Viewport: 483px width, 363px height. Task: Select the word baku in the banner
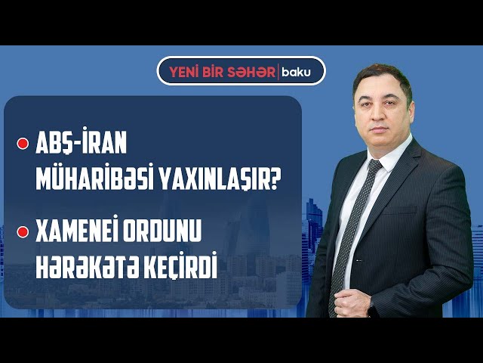coord(297,73)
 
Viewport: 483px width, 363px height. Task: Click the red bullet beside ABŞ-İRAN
coord(23,144)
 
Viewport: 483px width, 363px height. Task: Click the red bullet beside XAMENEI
coord(23,232)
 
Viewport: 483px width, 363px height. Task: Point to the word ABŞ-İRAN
coord(82,143)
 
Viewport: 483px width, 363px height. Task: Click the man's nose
coord(379,113)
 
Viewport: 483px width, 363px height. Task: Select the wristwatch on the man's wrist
coord(372,309)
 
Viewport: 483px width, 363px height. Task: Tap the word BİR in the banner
coord(214,73)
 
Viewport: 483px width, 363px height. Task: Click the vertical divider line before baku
coord(278,73)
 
